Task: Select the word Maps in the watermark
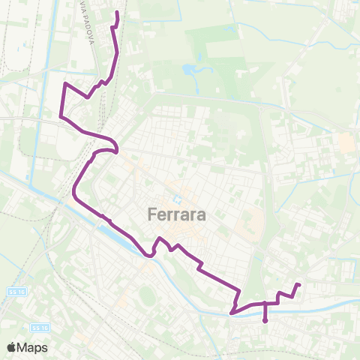point(34,347)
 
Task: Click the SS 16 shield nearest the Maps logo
point(40,328)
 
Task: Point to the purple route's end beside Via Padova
point(117,13)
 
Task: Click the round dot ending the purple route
point(265,321)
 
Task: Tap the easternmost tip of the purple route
point(299,284)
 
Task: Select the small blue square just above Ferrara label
point(176,199)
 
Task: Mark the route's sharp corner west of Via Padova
point(64,84)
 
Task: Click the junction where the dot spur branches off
point(265,303)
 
